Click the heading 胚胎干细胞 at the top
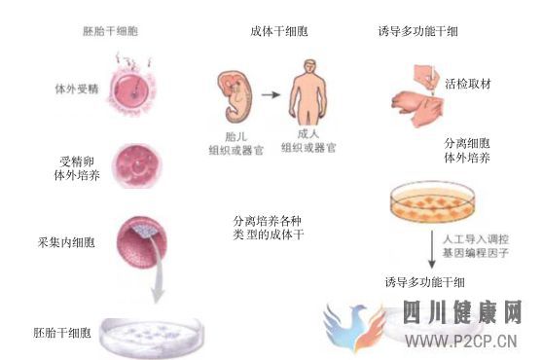point(110,31)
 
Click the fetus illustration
point(235,91)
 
